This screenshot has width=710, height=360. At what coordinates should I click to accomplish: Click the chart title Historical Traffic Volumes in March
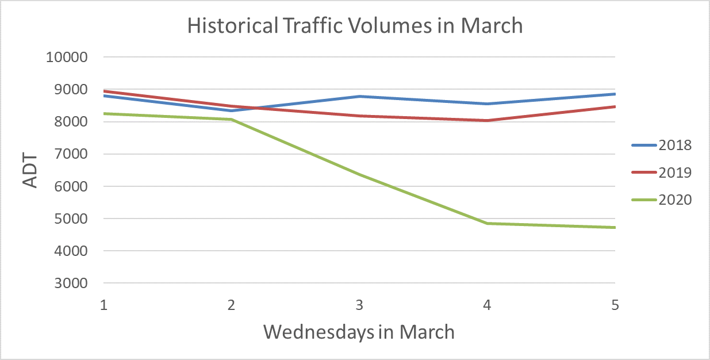[355, 26]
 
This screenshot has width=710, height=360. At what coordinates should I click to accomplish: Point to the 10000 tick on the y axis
[68, 58]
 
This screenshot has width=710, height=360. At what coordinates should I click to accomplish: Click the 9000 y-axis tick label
[71, 90]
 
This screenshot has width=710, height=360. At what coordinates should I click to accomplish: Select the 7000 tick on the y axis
[71, 154]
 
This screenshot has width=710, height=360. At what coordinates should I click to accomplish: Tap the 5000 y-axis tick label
[71, 219]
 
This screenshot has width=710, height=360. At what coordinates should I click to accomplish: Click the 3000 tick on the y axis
[71, 284]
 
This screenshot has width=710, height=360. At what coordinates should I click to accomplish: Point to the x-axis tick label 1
[104, 305]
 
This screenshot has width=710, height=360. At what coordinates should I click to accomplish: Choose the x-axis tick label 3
[359, 305]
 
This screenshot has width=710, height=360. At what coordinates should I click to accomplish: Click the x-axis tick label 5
[615, 305]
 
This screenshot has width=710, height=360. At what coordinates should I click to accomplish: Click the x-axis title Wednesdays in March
[359, 332]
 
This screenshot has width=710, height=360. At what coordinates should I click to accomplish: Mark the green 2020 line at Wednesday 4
[487, 223]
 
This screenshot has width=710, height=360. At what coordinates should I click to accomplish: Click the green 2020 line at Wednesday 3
[359, 174]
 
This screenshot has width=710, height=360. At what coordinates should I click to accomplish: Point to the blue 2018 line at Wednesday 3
[359, 97]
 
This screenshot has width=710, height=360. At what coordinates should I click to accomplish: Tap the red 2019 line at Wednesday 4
[487, 121]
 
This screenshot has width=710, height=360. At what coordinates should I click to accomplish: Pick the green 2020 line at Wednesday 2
[232, 120]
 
